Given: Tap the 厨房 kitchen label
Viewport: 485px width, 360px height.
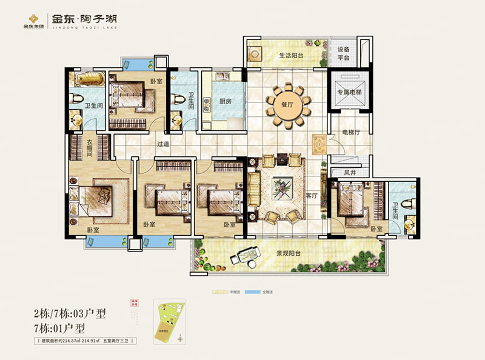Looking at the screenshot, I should click(x=225, y=102).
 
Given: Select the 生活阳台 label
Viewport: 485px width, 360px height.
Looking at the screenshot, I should click(x=291, y=56).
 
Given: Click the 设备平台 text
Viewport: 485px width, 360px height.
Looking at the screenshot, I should click(x=344, y=54).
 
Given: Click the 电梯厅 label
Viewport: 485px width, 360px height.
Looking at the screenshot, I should click(x=352, y=132).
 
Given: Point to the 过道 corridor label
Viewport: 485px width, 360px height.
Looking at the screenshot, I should click(x=162, y=144).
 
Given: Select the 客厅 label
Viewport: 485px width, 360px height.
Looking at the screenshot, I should click(x=312, y=196).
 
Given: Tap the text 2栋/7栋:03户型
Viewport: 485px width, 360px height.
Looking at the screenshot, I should click(x=70, y=313).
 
